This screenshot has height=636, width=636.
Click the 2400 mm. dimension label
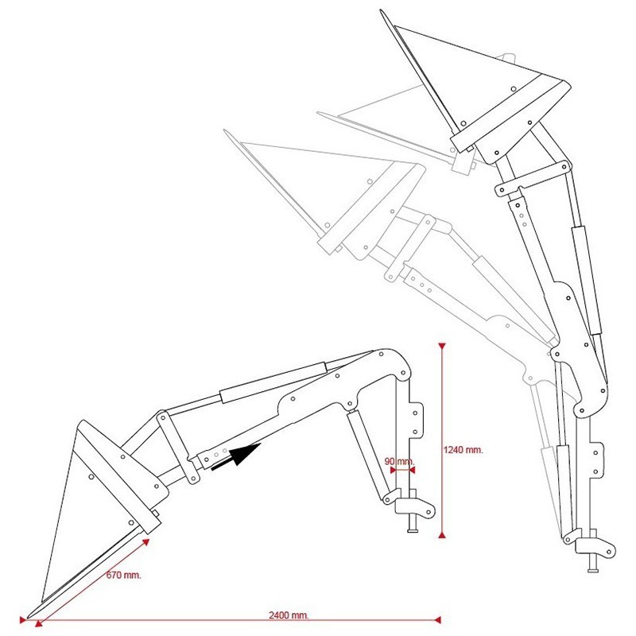289,615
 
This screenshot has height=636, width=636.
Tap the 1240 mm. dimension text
463,449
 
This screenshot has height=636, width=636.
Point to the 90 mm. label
399,461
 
